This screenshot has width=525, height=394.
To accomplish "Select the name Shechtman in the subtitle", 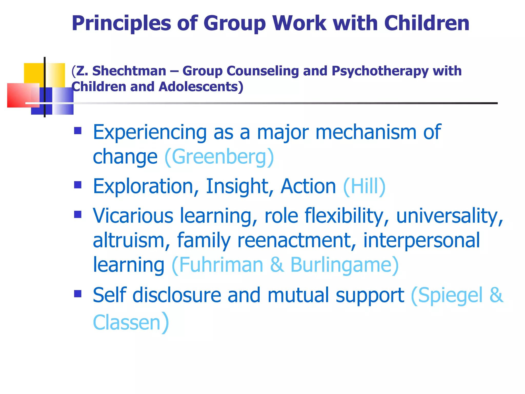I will [x=129, y=71].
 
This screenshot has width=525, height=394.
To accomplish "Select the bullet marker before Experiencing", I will [x=78, y=131].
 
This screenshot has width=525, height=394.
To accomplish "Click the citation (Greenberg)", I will [x=219, y=157].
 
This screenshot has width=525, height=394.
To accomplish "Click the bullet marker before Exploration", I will [x=78, y=185].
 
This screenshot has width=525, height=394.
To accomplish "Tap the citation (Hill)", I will [x=364, y=186].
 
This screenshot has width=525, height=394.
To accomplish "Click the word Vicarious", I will [x=133, y=216].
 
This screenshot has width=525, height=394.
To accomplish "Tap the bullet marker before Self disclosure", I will [x=78, y=294].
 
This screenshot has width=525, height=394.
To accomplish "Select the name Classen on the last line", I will [x=127, y=322].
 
